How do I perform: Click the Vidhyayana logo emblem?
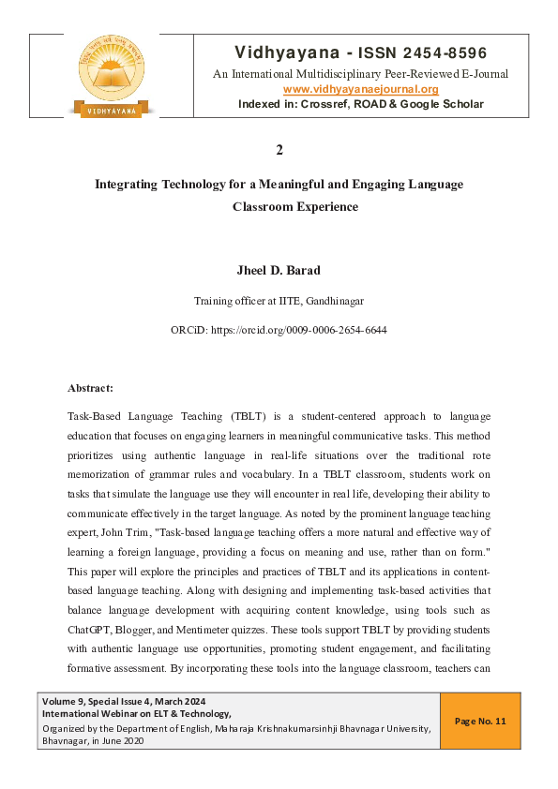click(112, 75)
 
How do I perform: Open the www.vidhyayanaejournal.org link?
click(360, 89)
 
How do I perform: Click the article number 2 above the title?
click(279, 150)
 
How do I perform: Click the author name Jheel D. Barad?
click(279, 271)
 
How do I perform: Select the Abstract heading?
click(91, 387)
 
